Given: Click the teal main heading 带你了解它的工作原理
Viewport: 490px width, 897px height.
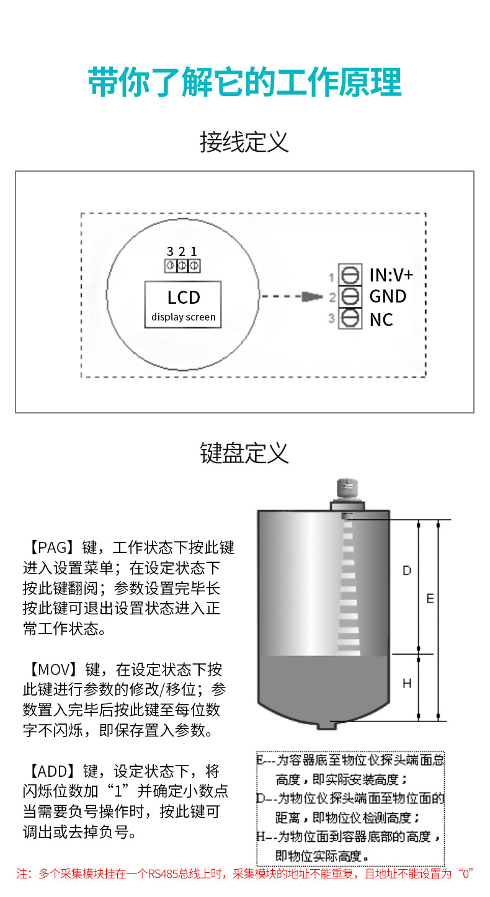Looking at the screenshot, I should [x=244, y=82].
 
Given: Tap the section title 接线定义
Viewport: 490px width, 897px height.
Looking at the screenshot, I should [x=244, y=142].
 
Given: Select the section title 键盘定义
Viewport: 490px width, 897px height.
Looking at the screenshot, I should [x=244, y=453].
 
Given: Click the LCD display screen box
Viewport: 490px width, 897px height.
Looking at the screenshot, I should [x=184, y=304].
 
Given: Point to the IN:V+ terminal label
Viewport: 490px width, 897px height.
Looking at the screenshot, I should [x=391, y=275].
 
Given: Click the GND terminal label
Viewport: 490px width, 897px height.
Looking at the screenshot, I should [x=388, y=296].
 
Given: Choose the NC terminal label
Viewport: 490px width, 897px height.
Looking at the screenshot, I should [x=381, y=319].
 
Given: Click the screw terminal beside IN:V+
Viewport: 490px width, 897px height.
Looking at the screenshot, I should [x=350, y=275].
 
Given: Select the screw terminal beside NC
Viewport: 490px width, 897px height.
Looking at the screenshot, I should [x=350, y=318].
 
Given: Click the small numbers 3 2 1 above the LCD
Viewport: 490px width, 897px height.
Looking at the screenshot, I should [x=182, y=252].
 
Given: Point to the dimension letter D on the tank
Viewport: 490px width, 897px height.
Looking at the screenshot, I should [x=407, y=570].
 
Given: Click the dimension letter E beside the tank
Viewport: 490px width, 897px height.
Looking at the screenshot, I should [x=430, y=599].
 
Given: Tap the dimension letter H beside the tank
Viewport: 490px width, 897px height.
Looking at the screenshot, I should [x=407, y=684].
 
